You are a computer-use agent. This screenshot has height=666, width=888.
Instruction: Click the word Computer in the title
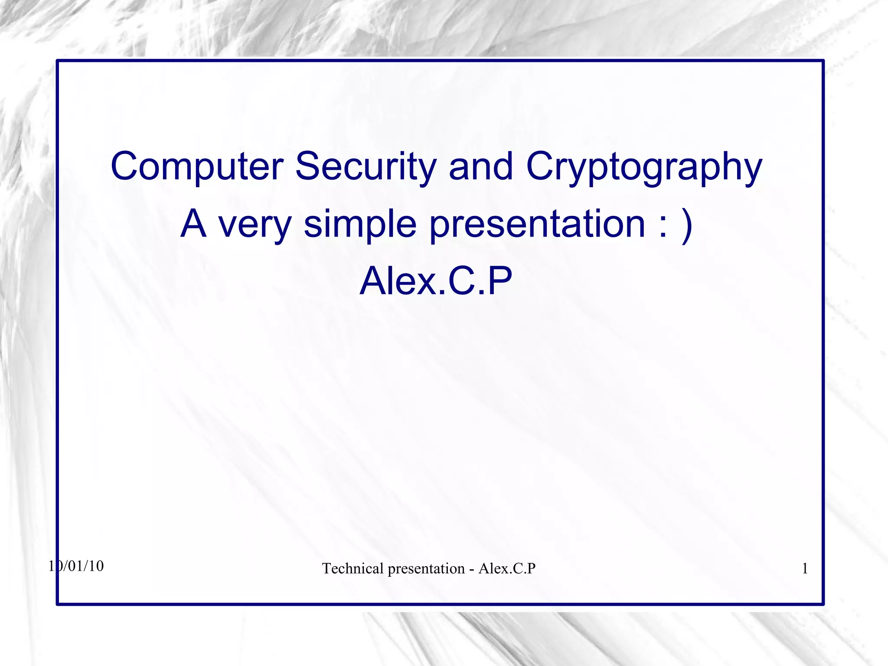(x=197, y=166)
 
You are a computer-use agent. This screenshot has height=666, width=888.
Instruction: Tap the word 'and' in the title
(x=481, y=166)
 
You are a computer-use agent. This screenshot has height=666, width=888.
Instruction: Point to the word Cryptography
(x=644, y=167)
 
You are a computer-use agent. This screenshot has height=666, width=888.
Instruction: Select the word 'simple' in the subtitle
(x=360, y=224)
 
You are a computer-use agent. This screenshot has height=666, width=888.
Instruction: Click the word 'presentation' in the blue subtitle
(x=537, y=224)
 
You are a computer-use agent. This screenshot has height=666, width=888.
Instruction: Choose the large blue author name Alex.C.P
(x=436, y=281)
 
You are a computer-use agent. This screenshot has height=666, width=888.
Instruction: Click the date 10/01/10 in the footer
(x=76, y=566)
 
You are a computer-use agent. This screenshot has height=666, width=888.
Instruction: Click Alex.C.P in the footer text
(x=507, y=569)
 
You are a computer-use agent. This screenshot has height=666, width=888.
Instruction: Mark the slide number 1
(x=805, y=569)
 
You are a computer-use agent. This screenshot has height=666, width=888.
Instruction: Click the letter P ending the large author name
(x=499, y=281)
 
